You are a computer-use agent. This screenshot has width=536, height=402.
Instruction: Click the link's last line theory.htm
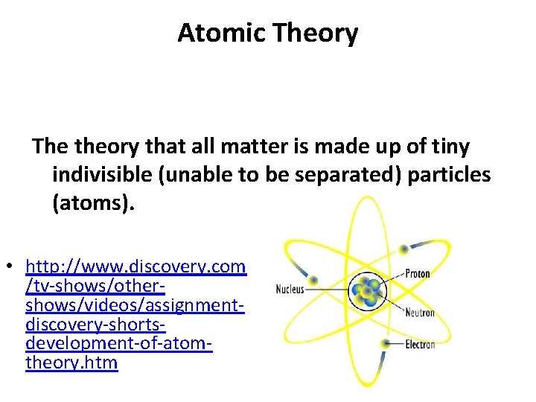(71, 364)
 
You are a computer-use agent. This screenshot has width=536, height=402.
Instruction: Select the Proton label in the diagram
(417, 274)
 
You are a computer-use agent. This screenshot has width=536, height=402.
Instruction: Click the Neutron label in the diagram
(419, 313)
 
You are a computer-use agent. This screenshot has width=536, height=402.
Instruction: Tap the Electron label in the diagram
(420, 345)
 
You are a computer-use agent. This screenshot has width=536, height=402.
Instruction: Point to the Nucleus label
(290, 289)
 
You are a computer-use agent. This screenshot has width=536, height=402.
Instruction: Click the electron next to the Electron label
(385, 343)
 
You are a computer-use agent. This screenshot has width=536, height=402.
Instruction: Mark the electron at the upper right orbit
(404, 249)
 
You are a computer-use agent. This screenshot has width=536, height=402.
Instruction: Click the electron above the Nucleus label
(313, 281)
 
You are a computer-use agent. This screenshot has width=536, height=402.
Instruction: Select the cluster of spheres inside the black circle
(365, 292)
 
